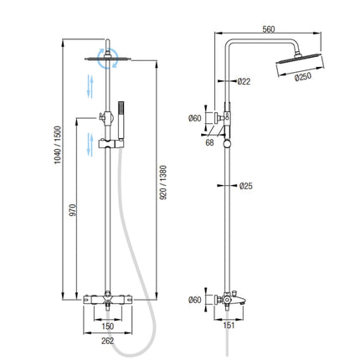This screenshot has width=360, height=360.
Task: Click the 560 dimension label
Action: tap(269, 29)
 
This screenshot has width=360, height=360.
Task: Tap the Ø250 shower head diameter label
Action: tap(303, 77)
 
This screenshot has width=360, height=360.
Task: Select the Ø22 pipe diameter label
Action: tap(244, 81)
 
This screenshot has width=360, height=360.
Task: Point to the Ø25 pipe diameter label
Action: tap(246, 186)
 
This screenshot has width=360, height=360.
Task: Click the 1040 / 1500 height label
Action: tap(58, 145)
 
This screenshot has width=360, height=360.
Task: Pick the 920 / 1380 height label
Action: tap(163, 183)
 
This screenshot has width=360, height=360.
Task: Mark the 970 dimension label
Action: tap(73, 210)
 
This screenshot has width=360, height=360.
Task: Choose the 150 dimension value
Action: tap(108, 327)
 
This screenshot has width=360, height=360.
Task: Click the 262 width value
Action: tap(108, 341)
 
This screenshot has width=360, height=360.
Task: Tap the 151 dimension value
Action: tap(229, 326)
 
